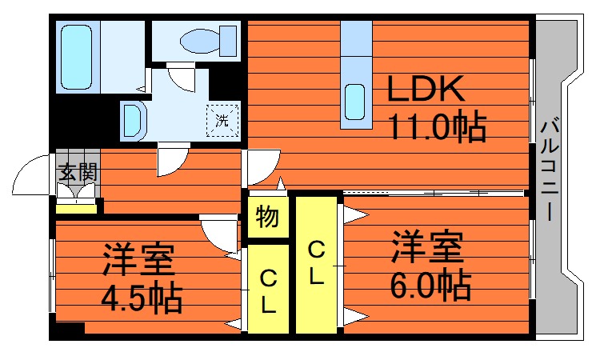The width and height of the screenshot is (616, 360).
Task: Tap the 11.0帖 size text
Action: point(437,127)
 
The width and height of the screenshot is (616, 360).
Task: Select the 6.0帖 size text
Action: point(430,285)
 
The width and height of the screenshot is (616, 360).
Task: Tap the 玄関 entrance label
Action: point(78,171)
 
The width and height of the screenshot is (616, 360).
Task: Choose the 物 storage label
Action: point(267,217)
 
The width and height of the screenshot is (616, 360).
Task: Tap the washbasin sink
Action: point(133,121)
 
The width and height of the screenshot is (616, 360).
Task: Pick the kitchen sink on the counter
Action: point(355,100)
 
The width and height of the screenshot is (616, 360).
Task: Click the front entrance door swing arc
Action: point(32,174)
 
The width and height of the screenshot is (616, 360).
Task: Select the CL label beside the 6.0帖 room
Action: point(316,265)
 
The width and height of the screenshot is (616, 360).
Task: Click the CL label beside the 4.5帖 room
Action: point(267,292)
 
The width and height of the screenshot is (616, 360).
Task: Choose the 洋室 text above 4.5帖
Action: point(138,260)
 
